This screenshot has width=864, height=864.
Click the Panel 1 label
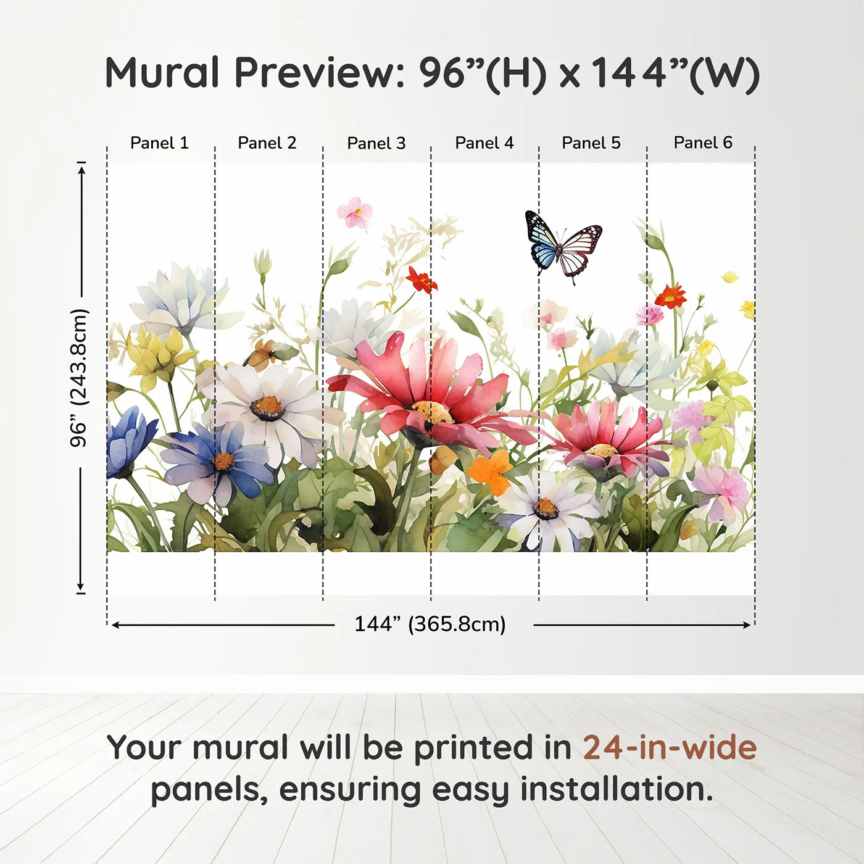click(159, 143)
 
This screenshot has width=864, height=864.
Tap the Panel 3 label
click(376, 143)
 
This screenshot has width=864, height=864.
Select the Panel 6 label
click(702, 143)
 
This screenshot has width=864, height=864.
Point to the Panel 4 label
click(484, 143)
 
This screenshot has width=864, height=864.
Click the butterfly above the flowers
click(563, 246)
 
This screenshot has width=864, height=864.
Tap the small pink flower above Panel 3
click(355, 212)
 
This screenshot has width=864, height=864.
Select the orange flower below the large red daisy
click(490, 471)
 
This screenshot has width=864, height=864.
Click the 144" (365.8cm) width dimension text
click(430, 624)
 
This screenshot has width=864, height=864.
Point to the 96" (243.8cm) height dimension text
click(79, 378)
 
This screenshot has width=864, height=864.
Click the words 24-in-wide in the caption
click(670, 747)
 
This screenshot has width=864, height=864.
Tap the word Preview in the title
click(320, 73)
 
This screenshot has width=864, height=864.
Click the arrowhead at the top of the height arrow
click(81, 171)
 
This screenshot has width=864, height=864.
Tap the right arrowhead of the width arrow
click(747, 625)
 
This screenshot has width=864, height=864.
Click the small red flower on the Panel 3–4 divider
click(421, 279)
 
